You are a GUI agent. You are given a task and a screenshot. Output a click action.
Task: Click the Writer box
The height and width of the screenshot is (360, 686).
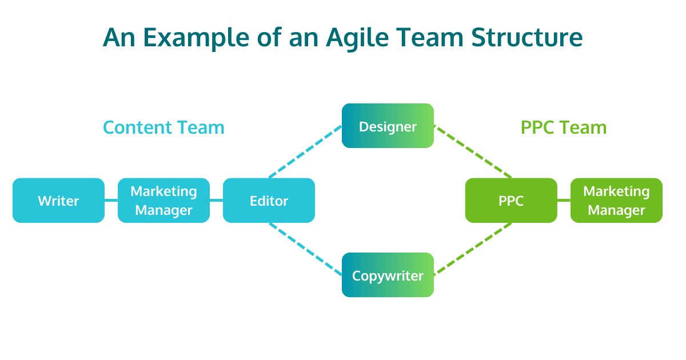click(x=58, y=201)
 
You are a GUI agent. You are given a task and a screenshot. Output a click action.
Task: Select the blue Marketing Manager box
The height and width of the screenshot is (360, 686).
click(x=163, y=201)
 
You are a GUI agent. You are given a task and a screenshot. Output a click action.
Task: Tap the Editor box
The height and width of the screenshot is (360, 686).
click(x=269, y=201)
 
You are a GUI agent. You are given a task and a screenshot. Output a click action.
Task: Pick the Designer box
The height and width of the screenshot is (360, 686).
click(x=388, y=126)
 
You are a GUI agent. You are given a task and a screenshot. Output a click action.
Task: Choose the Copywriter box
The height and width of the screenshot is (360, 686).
click(x=388, y=275)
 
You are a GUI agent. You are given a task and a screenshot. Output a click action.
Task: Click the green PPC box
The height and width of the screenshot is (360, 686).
click(x=511, y=201)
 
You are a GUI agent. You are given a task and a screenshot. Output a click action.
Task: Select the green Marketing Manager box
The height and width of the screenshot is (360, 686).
click(x=616, y=201)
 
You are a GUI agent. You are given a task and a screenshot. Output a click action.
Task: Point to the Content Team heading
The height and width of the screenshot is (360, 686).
click(x=163, y=127)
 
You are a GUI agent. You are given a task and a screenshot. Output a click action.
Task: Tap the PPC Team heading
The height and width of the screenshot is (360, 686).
click(x=563, y=127)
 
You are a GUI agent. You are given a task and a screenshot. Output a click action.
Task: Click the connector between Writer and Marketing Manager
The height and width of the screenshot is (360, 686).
click(x=111, y=201)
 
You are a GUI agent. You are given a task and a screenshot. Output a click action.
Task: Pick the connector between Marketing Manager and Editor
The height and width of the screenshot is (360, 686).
click(x=216, y=201)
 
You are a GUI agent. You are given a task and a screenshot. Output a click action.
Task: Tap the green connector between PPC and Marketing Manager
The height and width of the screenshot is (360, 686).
click(x=564, y=201)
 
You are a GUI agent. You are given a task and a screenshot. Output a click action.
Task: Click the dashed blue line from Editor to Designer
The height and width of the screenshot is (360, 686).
click(x=305, y=152)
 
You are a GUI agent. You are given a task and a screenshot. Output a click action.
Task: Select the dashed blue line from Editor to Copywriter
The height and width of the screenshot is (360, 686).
click(x=305, y=249)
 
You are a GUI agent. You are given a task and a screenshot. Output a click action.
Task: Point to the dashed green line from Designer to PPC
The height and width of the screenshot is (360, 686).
click(x=472, y=151)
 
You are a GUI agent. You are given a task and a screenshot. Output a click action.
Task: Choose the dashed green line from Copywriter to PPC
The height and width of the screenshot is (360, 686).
click(x=472, y=249)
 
